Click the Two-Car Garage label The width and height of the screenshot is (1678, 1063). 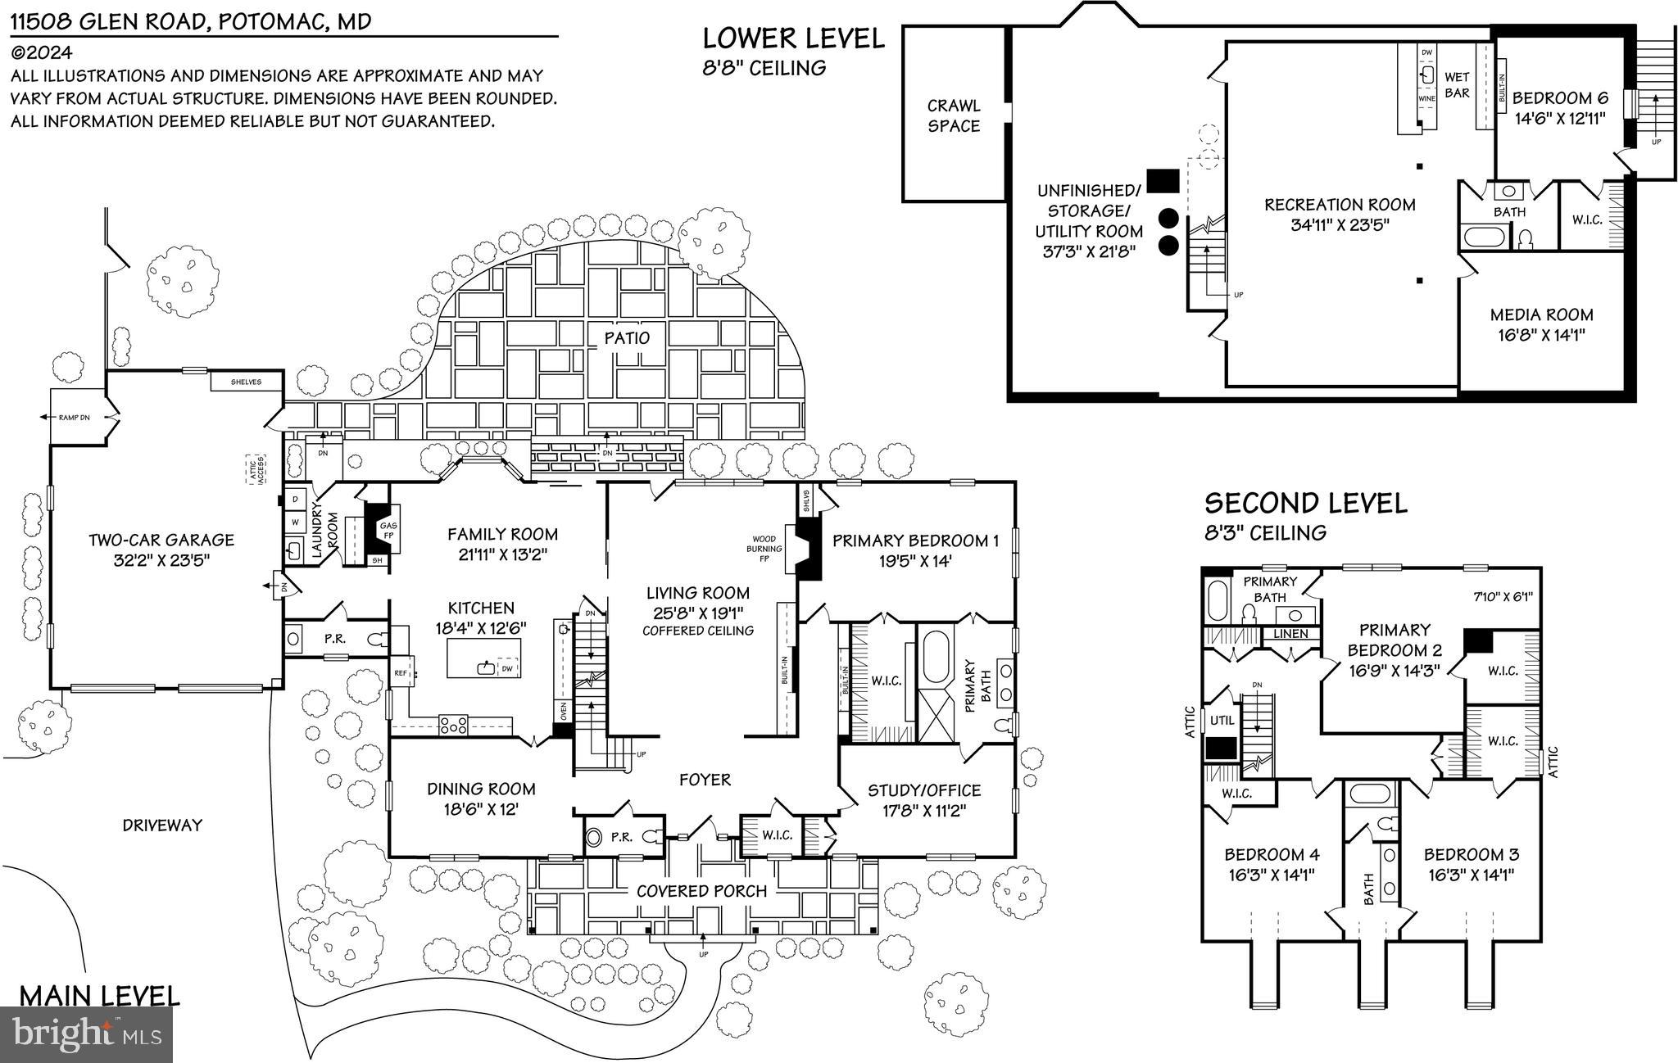pyautogui.click(x=161, y=540)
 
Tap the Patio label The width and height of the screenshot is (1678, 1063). pyautogui.click(x=627, y=337)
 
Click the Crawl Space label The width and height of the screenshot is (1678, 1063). pyautogui.click(x=954, y=115)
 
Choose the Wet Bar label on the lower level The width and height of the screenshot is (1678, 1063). pyautogui.click(x=1457, y=85)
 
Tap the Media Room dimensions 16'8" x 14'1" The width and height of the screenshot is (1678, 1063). pyautogui.click(x=1541, y=335)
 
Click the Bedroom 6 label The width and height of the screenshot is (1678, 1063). pyautogui.click(x=1560, y=98)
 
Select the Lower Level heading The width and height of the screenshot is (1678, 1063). pyautogui.click(x=794, y=38)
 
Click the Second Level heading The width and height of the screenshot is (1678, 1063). pyautogui.click(x=1305, y=503)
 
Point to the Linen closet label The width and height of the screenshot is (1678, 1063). pyautogui.click(x=1290, y=634)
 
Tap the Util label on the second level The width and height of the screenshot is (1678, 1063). pyautogui.click(x=1222, y=721)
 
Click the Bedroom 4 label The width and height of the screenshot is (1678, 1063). pyautogui.click(x=1271, y=854)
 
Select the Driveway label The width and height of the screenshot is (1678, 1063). pyautogui.click(x=162, y=826)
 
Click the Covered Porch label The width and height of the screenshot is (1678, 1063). pyautogui.click(x=701, y=891)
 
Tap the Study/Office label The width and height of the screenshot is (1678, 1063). pyautogui.click(x=924, y=790)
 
